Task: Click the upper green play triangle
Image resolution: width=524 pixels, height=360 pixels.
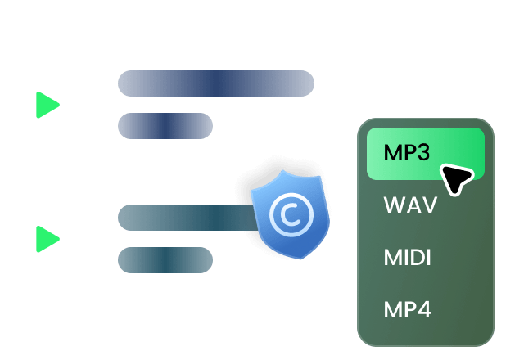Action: [46, 105]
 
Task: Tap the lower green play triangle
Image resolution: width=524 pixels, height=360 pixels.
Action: [46, 239]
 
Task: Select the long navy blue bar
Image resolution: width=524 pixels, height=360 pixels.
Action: [216, 83]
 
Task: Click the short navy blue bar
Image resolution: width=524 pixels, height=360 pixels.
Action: [165, 126]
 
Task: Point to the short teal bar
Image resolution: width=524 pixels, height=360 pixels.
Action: [165, 260]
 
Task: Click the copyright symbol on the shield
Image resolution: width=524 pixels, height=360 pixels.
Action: [291, 215]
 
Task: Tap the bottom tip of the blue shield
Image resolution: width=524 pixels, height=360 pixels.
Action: [300, 259]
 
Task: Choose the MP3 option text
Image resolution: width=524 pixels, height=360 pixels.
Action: [406, 153]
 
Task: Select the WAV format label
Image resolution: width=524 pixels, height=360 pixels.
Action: [410, 205]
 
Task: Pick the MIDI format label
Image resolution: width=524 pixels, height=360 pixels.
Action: [407, 258]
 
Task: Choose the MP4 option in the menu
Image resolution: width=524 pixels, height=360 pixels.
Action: [408, 309]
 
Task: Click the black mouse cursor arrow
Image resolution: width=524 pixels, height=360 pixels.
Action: [457, 178]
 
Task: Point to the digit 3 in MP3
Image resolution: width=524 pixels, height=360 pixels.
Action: [422, 153]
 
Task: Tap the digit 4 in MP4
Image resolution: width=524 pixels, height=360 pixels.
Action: [424, 309]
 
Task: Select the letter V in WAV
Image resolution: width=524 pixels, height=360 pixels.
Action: [429, 205]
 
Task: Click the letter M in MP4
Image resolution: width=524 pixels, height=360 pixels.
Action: [393, 309]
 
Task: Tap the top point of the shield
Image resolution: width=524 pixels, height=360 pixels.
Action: [283, 170]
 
